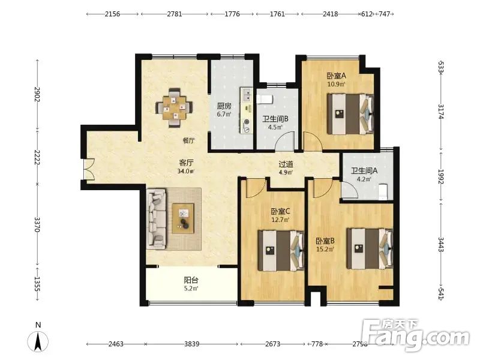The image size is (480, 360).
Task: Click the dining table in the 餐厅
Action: (174, 108)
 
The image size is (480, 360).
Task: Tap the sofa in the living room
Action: (157, 218)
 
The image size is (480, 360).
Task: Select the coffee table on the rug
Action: (183, 218)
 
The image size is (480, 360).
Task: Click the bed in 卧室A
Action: (350, 114)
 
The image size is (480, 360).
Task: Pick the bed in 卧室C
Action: (281, 250)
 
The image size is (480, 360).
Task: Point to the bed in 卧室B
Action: (370, 248)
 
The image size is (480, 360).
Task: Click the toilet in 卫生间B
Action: (265, 99)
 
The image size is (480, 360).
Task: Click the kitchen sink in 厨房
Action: (246, 95)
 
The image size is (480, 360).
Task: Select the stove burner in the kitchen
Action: (246, 126)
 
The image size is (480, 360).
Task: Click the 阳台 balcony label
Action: (191, 280)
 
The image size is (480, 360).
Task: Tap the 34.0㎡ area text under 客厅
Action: (186, 171)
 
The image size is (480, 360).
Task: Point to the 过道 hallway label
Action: (286, 164)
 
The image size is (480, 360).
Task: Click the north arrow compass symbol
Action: (38, 341)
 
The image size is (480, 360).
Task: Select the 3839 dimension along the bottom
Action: (192, 344)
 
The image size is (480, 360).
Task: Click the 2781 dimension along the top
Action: (175, 14)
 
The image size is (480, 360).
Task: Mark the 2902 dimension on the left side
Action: (37, 94)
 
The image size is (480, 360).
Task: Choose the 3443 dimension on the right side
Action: (441, 244)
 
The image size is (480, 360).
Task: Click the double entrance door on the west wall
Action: (89, 169)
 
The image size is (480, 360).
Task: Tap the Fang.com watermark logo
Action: (416, 335)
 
